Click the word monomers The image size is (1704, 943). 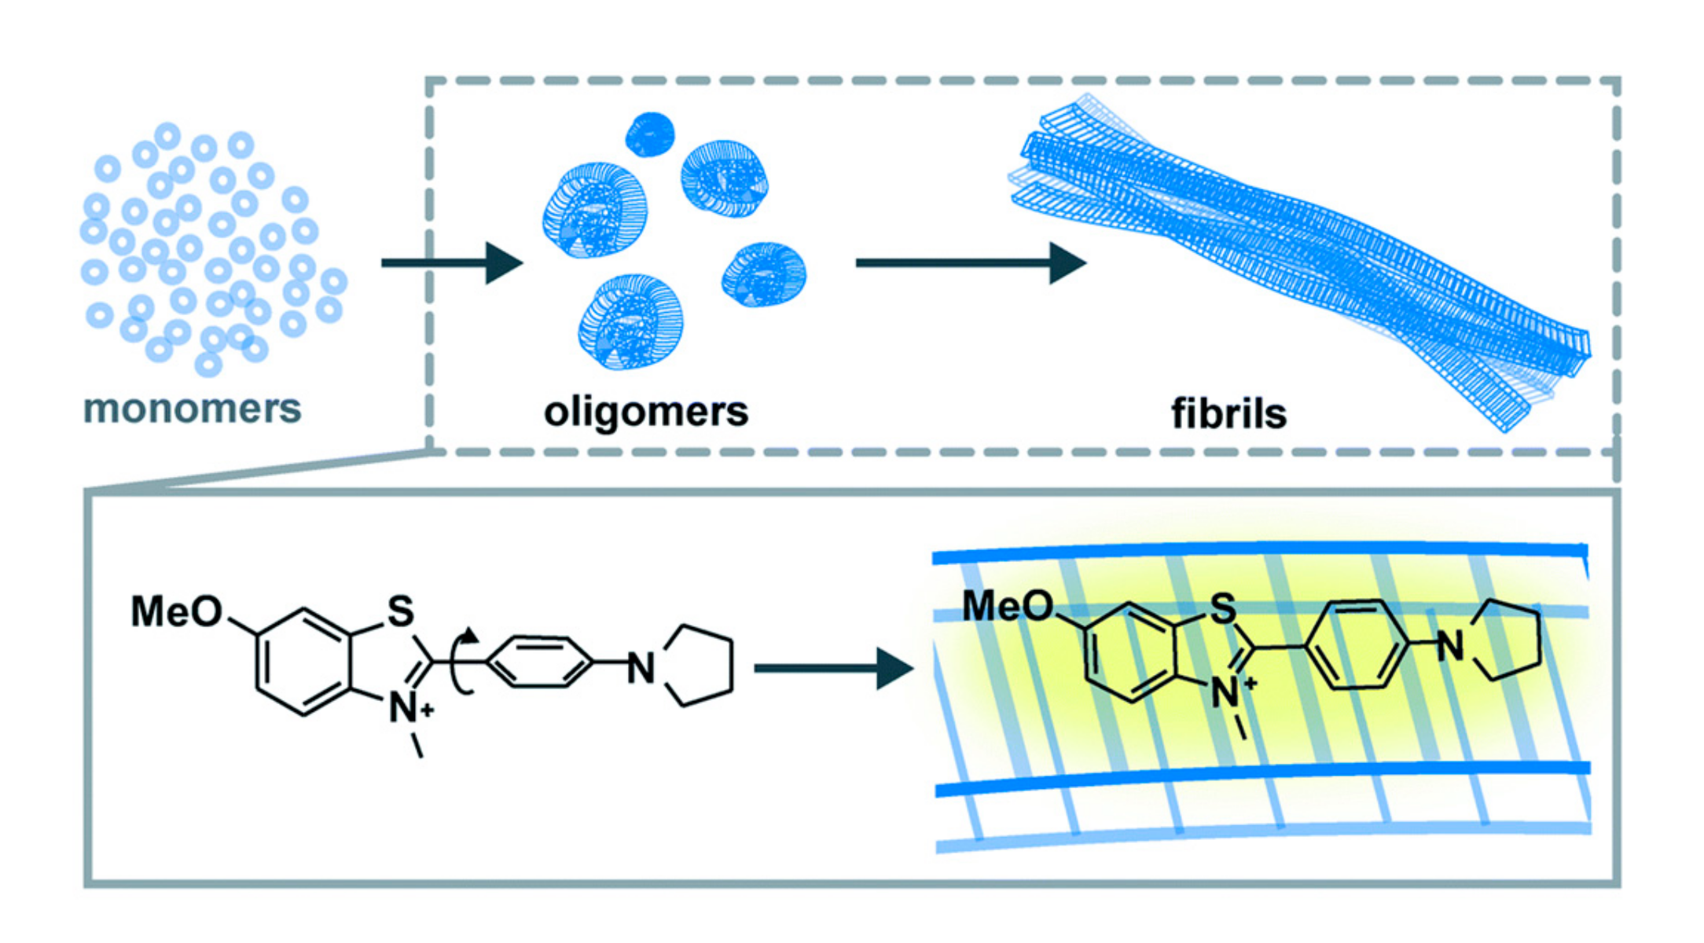pyautogui.click(x=193, y=409)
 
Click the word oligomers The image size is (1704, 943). pyautogui.click(x=646, y=412)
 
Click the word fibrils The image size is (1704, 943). pyautogui.click(x=1228, y=413)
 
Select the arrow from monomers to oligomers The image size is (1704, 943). pyautogui.click(x=452, y=262)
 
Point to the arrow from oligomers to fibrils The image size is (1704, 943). pyautogui.click(x=971, y=262)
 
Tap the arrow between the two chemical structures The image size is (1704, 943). pyautogui.click(x=833, y=669)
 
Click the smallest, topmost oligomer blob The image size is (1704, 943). pyautogui.click(x=650, y=134)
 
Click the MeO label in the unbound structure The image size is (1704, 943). pyautogui.click(x=177, y=611)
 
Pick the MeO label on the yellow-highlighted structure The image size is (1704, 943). pyautogui.click(x=1008, y=607)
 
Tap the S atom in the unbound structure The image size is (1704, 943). pyautogui.click(x=401, y=611)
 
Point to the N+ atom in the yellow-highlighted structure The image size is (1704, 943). pyautogui.click(x=1230, y=694)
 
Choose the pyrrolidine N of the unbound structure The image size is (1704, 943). pyautogui.click(x=641, y=670)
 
